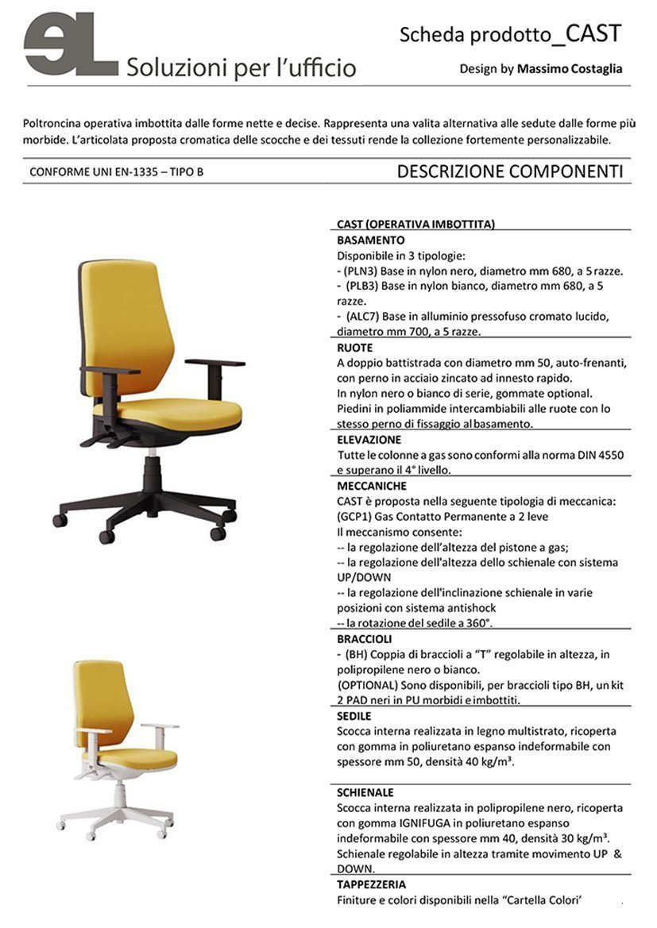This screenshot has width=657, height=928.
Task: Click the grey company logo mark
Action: (71, 44)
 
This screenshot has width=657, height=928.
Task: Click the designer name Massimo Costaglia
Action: (570, 69)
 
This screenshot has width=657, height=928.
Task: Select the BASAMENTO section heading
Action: (371, 240)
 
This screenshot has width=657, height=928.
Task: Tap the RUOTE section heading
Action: (354, 348)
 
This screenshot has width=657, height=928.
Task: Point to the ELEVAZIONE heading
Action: (369, 440)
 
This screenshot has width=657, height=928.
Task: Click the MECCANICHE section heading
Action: (372, 486)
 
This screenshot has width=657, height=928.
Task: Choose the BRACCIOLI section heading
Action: (365, 639)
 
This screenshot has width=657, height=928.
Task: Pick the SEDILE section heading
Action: (354, 716)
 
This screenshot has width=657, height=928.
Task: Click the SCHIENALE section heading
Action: (365, 792)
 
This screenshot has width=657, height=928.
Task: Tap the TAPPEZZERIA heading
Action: (372, 884)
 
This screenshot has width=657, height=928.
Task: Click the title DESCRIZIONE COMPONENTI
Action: (509, 171)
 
